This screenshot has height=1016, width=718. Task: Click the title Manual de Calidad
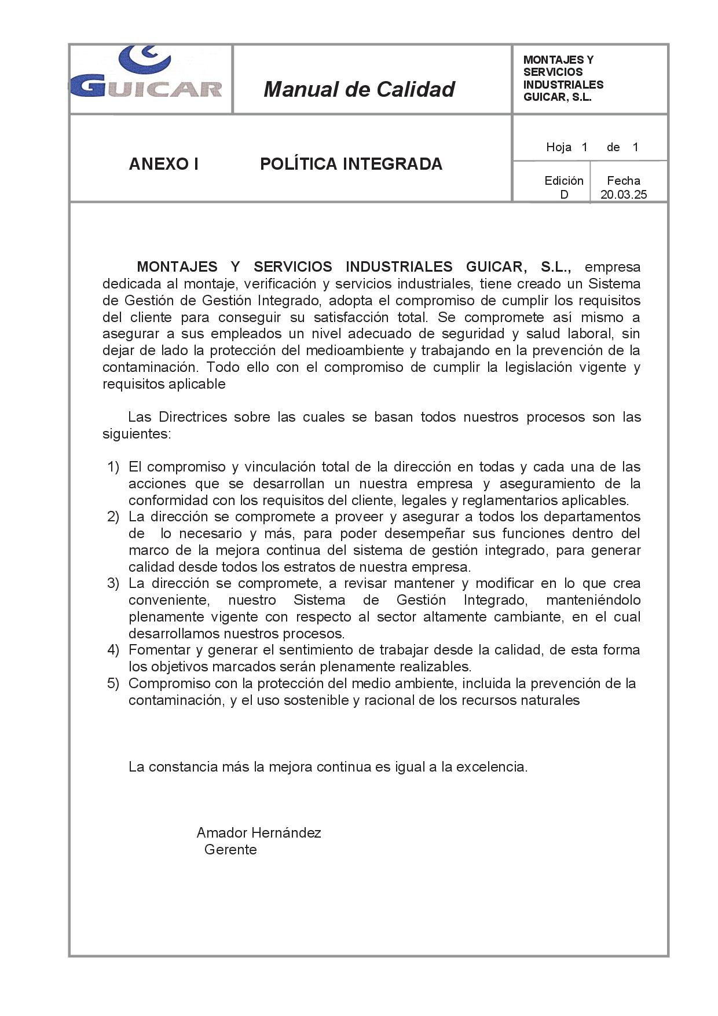point(359,89)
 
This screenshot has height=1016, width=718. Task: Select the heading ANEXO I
point(163,165)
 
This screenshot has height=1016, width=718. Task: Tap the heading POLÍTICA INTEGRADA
point(351,165)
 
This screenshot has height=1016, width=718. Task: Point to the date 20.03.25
point(624,195)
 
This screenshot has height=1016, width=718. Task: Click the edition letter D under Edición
point(564,195)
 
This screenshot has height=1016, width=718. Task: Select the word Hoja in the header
point(559,147)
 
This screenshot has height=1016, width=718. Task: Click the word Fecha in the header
point(624,181)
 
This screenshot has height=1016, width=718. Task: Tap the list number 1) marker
point(113,467)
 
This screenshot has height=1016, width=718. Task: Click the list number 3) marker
point(113,583)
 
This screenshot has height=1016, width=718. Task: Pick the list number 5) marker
point(113,684)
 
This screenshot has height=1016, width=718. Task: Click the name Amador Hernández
point(259,833)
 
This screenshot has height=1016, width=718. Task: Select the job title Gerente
point(230,850)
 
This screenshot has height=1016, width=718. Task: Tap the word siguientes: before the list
point(137,434)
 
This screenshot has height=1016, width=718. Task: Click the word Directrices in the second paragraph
point(193,417)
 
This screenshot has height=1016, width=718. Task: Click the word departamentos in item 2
point(592,517)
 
